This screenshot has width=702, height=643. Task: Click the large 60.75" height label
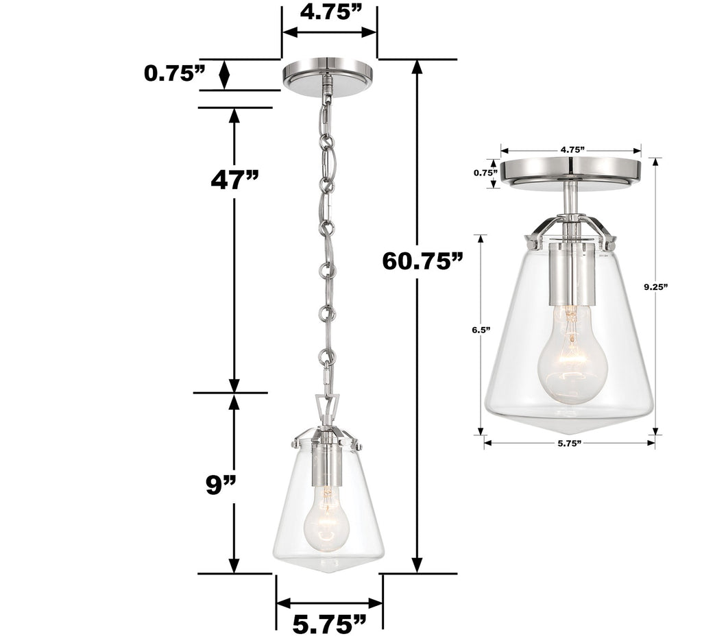click(423, 261)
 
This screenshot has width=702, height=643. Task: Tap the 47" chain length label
click(234, 179)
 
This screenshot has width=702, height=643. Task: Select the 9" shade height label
click(221, 485)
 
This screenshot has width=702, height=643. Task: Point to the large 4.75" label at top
click(330, 14)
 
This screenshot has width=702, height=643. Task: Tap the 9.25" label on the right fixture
click(655, 288)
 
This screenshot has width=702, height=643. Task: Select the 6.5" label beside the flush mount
click(480, 330)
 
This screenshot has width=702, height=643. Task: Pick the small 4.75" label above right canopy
click(571, 149)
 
